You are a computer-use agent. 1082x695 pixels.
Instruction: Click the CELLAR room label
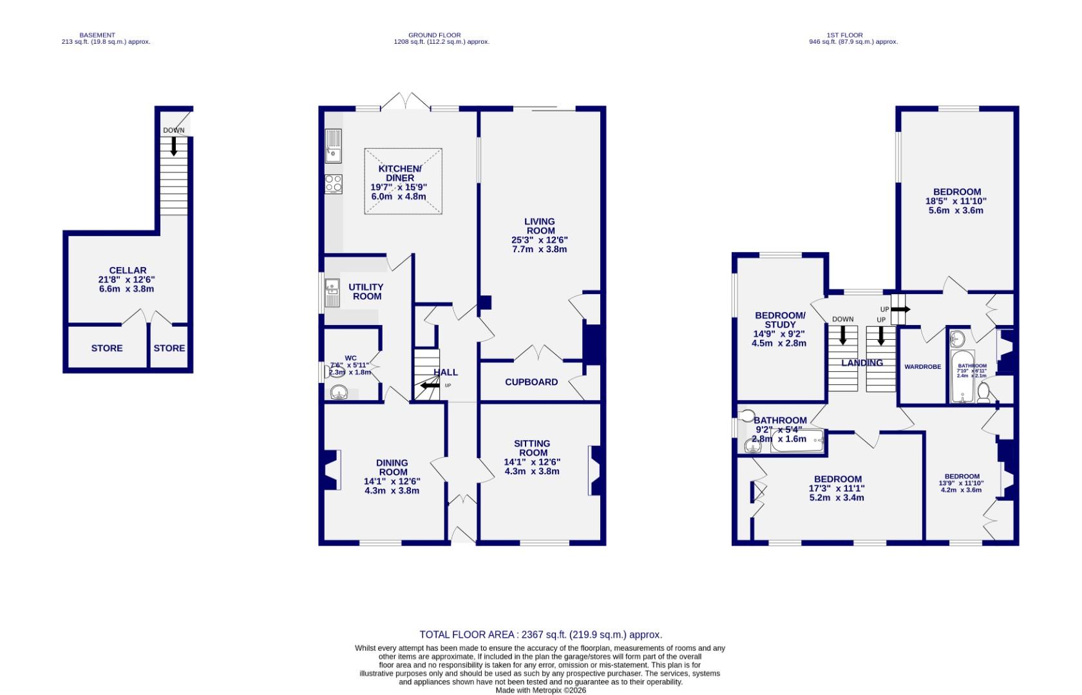pos(128,270)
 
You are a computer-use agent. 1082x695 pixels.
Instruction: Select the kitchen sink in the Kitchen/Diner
pos(333,145)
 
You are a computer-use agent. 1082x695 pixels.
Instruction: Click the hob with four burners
pos(333,183)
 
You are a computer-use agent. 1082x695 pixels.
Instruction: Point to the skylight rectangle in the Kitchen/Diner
pos(404,181)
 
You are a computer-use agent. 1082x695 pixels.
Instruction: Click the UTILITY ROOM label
pos(366,292)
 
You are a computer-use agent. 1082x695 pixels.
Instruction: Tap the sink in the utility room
pos(332,293)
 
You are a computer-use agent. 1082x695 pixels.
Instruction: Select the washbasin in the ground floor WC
pos(339,392)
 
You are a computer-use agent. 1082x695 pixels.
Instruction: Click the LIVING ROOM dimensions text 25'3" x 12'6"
pos(540,240)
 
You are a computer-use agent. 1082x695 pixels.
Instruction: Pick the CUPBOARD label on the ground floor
pos(531,382)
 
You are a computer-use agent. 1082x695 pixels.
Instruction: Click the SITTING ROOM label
pos(532,448)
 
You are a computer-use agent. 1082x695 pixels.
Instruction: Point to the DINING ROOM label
pos(392,467)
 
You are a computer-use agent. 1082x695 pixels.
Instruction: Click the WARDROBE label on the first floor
pos(922,367)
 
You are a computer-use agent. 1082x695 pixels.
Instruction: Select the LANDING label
pos(862,363)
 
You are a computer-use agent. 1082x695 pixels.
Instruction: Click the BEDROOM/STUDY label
pos(780,320)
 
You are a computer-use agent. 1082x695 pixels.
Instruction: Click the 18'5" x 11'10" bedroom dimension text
pos(957,201)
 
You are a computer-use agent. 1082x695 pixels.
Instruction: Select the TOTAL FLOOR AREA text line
pos(540,635)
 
